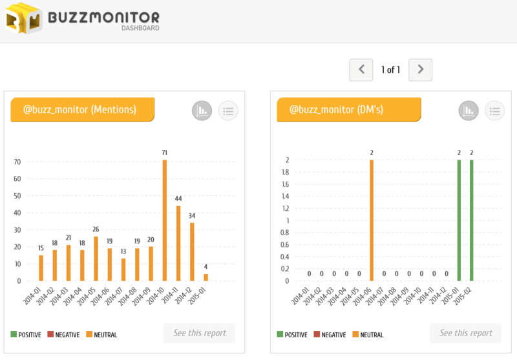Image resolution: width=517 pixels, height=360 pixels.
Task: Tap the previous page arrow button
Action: tap(361, 70)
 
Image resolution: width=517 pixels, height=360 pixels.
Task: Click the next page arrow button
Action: tap(421, 70)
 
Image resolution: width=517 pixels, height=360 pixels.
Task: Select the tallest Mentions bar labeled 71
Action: tap(164, 220)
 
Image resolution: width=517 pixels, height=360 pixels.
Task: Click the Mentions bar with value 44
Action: tap(178, 243)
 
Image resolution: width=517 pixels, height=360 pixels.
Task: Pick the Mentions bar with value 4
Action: tap(206, 277)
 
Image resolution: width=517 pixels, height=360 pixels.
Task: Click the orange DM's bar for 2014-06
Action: tap(372, 220)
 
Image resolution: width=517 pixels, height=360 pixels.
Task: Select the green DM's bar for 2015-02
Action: tap(472, 220)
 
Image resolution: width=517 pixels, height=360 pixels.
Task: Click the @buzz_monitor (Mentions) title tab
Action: tap(82, 110)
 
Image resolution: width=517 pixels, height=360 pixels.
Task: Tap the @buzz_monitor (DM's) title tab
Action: tap(348, 110)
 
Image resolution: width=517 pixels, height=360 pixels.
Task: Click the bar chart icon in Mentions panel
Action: tap(202, 111)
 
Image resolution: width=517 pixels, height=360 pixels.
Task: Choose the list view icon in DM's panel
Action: tap(494, 111)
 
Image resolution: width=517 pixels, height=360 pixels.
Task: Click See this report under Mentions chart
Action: tap(200, 333)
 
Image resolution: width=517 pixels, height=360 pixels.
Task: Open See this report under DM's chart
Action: tap(466, 333)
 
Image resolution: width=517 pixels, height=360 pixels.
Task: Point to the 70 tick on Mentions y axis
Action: tap(17, 162)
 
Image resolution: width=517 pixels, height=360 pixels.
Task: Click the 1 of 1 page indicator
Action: tap(390, 70)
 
